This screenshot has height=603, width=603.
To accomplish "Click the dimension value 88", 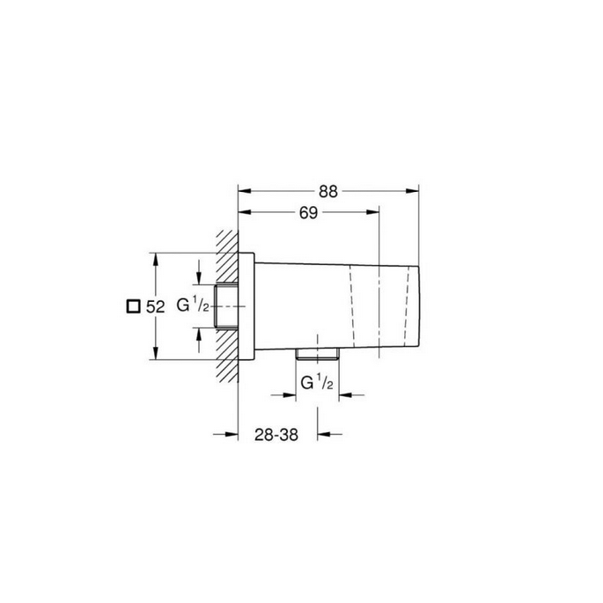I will (329, 192).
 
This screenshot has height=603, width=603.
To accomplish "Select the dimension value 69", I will (307, 213).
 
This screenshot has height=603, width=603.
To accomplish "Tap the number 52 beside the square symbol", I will (156, 306).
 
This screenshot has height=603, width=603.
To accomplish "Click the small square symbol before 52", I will (132, 306).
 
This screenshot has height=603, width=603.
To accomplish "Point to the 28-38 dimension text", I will (277, 434).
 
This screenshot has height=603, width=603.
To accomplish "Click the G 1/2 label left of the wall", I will (193, 306).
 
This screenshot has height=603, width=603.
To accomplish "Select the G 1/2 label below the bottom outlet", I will (317, 382).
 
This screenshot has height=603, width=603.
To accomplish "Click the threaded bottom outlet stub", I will (318, 353).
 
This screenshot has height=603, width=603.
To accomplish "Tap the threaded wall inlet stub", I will (226, 306).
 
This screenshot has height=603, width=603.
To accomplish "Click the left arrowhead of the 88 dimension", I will (245, 190).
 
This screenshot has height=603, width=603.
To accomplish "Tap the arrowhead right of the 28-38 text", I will (324, 433).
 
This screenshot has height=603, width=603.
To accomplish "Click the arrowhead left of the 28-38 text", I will (232, 433).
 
